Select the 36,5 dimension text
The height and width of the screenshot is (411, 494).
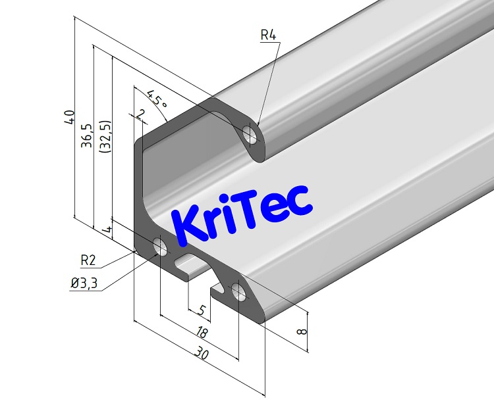[x=86, y=136]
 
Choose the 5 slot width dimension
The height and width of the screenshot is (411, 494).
[x=202, y=308]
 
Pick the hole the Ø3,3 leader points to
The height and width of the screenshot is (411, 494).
[x=160, y=246]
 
